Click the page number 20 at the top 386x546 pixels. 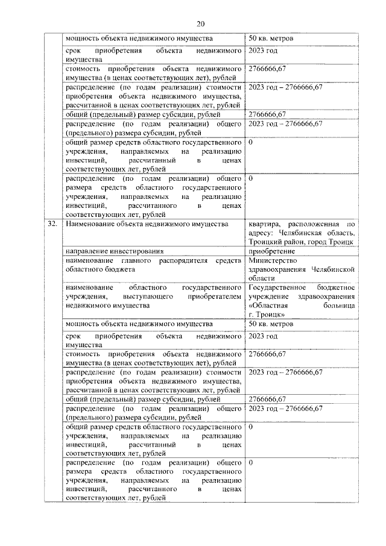click(x=201, y=23)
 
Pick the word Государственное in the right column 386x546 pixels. click(x=277, y=288)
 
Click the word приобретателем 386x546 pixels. click(x=212, y=297)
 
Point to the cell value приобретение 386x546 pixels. click(x=271, y=251)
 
